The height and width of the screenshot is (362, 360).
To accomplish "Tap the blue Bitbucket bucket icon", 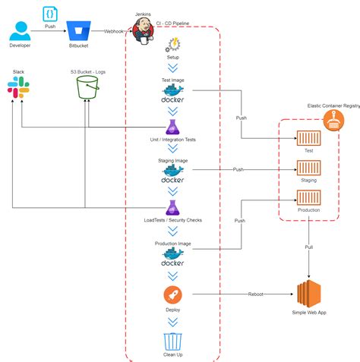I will (x=77, y=30).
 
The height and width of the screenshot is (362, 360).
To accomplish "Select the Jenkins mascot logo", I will (x=142, y=31).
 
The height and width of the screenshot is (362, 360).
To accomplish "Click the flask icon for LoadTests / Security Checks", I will (x=172, y=206).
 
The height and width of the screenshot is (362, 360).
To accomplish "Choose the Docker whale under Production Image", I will (x=172, y=259).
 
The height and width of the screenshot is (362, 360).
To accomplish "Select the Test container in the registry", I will (x=308, y=138).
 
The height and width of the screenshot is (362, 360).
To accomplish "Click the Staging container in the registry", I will (x=308, y=168).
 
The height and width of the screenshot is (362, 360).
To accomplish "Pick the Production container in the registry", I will (x=308, y=197).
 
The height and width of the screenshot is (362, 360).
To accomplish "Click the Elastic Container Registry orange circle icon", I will (x=331, y=119).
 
